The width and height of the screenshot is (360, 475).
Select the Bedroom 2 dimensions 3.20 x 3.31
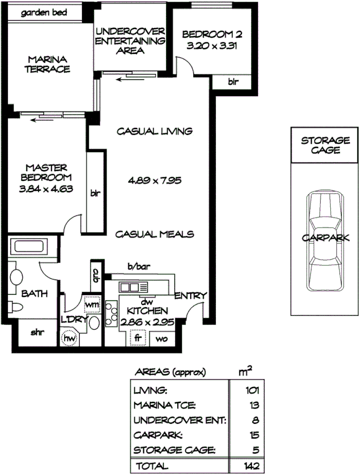click(x=212, y=45)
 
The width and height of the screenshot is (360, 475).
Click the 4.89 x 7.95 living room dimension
click(x=154, y=181)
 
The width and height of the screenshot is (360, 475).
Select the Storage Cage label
click(x=325, y=145)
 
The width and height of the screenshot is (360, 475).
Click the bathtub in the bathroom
click(x=29, y=247)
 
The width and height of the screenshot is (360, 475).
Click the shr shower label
click(x=37, y=331)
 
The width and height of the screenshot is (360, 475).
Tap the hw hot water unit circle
click(x=69, y=338)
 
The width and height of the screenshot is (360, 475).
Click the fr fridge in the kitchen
click(x=138, y=338)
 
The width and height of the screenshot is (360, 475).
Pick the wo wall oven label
click(x=162, y=339)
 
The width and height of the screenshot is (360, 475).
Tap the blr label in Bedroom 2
click(x=233, y=82)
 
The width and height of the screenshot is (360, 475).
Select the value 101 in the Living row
click(x=250, y=390)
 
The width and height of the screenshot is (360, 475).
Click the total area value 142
click(x=250, y=466)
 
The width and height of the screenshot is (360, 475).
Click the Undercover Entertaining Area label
click(x=131, y=41)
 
